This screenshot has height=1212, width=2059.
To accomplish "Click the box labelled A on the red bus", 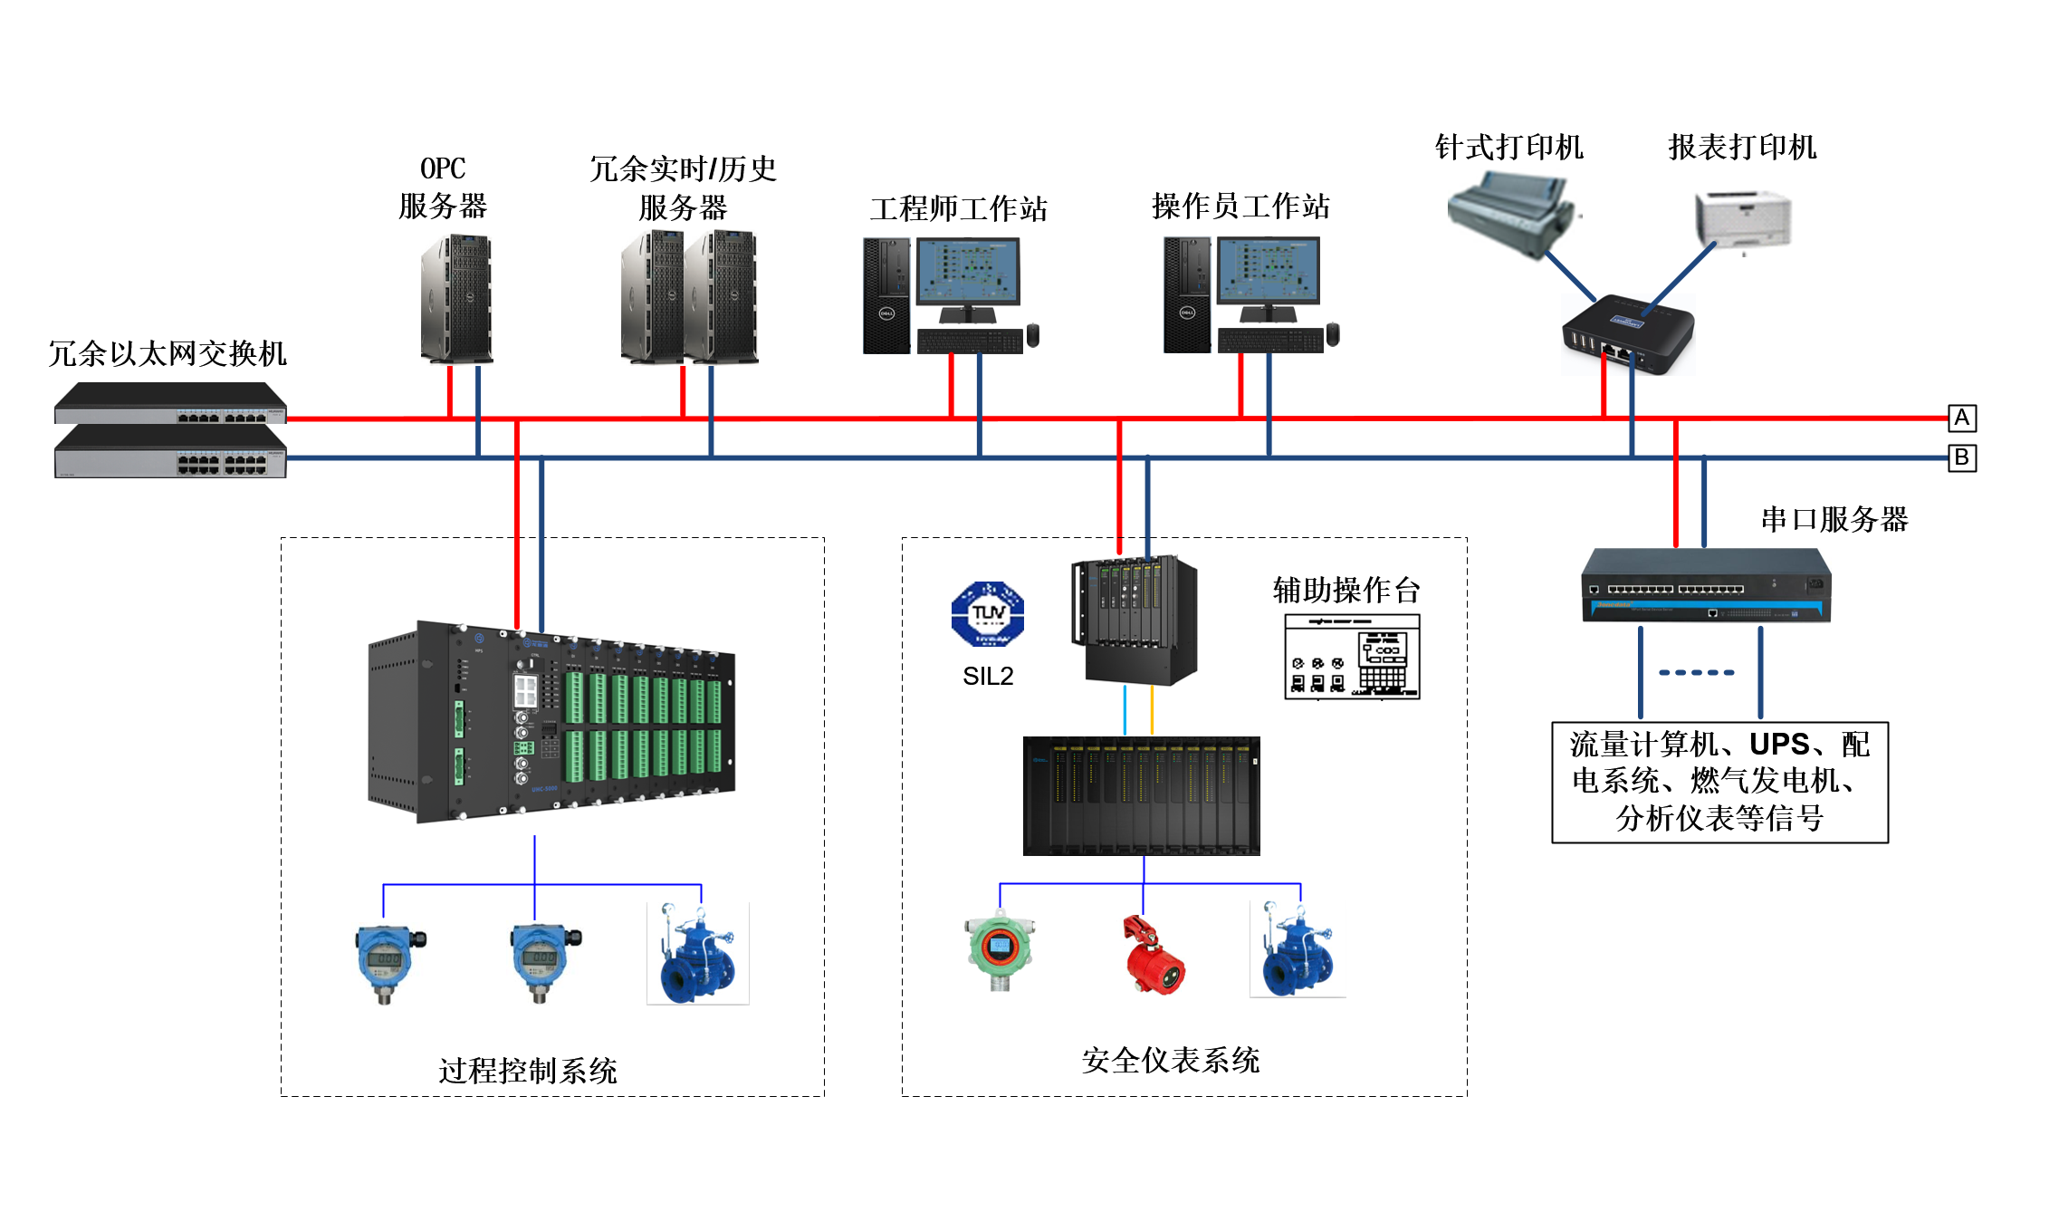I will [x=1961, y=418].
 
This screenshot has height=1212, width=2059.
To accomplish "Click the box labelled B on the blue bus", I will [x=1961, y=457].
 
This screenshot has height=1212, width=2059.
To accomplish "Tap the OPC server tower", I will [x=456, y=298].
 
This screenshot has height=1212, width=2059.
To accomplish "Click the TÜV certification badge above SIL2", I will [x=987, y=613].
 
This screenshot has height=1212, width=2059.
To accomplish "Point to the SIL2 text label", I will [x=988, y=676].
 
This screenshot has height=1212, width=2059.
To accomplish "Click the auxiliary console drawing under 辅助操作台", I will [x=1352, y=657].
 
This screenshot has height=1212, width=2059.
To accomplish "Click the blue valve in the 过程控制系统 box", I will [x=697, y=955].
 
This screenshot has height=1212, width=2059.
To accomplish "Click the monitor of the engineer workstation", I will [x=968, y=272].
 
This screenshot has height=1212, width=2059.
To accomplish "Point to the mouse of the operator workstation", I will [x=1332, y=334].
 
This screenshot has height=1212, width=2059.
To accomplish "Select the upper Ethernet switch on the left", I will [x=170, y=402].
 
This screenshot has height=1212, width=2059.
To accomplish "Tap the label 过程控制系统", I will [x=528, y=1071].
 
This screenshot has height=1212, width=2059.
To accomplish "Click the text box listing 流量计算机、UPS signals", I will [x=1719, y=782].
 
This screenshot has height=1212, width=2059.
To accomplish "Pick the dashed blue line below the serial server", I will [x=1697, y=672].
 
